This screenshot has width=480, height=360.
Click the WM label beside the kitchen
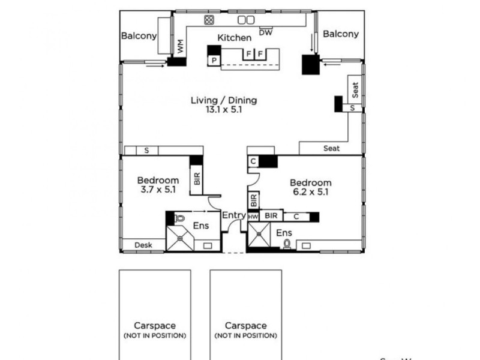tap(179, 45)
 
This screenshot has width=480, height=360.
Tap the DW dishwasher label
tap(266, 32)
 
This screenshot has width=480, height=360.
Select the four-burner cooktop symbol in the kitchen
tap(209, 20)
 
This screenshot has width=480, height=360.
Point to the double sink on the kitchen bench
tap(246, 20)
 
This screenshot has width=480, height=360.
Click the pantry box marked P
tap(213, 60)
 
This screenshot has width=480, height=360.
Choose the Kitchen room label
tap(234, 38)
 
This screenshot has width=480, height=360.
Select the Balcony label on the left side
tap(139, 35)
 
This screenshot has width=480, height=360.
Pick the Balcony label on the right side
tap(341, 34)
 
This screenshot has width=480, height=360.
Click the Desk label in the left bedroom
tap(143, 245)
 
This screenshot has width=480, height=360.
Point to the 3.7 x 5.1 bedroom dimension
tap(158, 190)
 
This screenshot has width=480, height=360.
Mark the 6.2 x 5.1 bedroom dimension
tap(310, 193)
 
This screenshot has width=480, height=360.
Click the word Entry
tap(233, 215)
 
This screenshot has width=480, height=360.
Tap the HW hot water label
tap(253, 216)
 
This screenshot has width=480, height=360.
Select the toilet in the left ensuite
tap(179, 218)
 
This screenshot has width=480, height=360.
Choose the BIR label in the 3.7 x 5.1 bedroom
tap(197, 179)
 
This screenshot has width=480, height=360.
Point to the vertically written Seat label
tap(355, 91)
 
